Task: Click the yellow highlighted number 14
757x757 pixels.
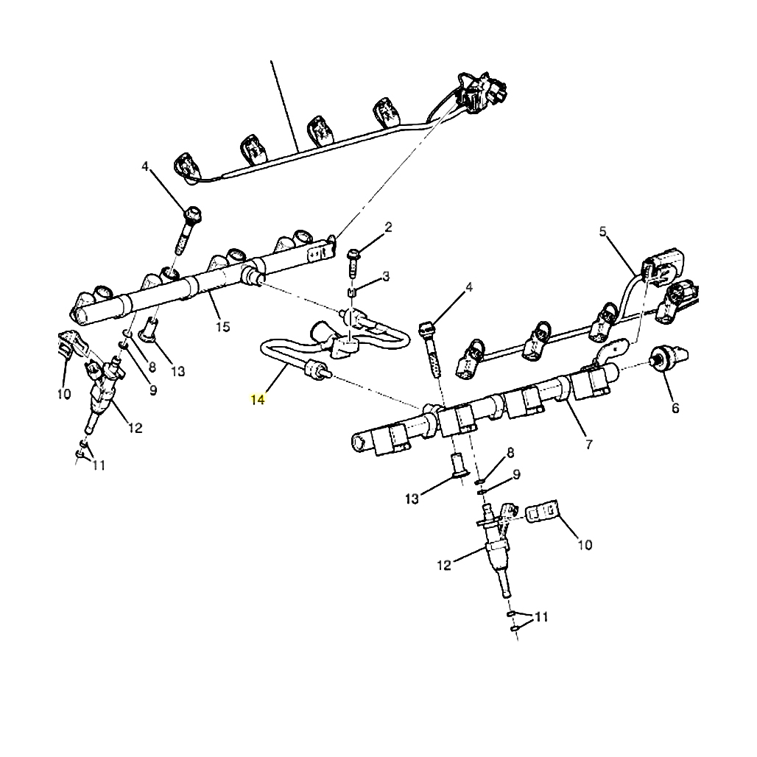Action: click(258, 400)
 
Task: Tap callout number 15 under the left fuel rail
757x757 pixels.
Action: click(222, 327)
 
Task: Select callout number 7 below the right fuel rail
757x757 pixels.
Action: click(588, 445)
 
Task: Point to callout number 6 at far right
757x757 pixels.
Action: click(675, 408)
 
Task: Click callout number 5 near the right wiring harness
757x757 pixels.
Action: click(603, 233)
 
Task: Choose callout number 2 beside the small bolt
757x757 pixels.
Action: click(388, 227)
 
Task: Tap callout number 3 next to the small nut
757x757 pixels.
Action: click(385, 277)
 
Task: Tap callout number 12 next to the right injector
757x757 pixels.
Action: click(443, 566)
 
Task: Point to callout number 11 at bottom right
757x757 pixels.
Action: click(541, 617)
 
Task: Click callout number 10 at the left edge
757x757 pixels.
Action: click(63, 394)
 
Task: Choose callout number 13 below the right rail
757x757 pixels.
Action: click(412, 499)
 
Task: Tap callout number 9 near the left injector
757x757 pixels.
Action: click(153, 390)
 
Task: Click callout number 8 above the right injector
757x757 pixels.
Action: click(510, 452)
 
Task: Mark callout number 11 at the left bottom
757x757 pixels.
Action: click(99, 465)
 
